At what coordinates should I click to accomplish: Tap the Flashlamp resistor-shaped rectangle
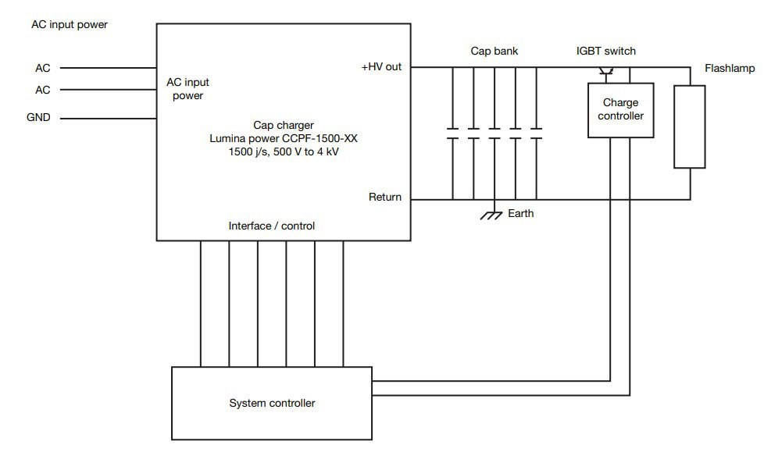click(x=690, y=126)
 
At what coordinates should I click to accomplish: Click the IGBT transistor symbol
click(x=609, y=73)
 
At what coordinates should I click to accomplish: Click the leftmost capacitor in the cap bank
click(x=452, y=133)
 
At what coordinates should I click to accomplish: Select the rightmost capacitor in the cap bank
click(x=536, y=133)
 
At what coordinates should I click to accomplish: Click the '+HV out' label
click(x=381, y=67)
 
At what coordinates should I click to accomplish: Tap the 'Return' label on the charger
click(x=385, y=197)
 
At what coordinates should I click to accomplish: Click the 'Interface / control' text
click(x=272, y=226)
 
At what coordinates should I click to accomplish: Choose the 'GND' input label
click(x=39, y=119)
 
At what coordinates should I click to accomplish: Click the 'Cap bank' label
click(x=494, y=52)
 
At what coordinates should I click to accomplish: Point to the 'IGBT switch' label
click(x=605, y=52)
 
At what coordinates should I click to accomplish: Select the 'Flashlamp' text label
click(x=730, y=69)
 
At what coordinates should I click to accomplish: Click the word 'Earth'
click(x=521, y=213)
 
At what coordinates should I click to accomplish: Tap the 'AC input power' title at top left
click(x=70, y=24)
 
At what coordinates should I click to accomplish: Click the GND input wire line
click(x=108, y=119)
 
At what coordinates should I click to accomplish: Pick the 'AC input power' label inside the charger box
click(x=187, y=89)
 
